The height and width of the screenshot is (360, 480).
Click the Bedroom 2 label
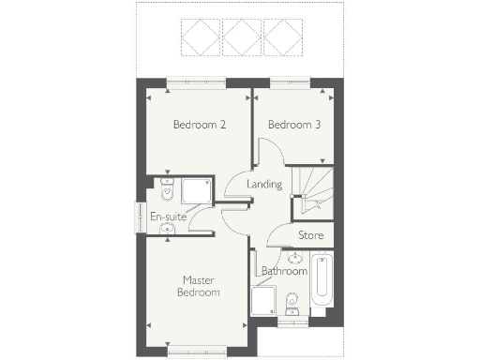coord(199,125)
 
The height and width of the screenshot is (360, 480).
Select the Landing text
coord(263,185)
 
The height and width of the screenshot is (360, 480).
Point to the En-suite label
coord(169,217)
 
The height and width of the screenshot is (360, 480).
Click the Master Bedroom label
coord(200,285)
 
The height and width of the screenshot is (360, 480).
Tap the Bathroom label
coord(284,271)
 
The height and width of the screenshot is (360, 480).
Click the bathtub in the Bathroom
coord(321,282)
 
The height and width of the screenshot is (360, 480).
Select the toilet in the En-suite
coord(166,190)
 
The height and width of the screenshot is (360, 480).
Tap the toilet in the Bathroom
coord(292,302)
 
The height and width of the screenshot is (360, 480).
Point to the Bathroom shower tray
coord(264,303)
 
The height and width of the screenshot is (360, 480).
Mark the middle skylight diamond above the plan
coord(241,37)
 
